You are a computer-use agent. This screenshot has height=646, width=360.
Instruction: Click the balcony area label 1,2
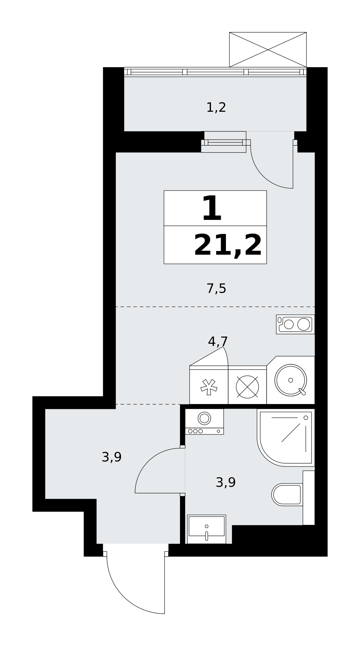point(216,108)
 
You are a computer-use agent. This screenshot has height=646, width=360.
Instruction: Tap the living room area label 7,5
point(216,288)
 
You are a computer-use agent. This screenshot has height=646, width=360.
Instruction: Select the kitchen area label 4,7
point(218,341)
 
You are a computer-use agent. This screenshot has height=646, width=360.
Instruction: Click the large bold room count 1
point(212,209)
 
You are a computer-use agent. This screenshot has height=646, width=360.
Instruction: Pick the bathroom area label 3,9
point(226,483)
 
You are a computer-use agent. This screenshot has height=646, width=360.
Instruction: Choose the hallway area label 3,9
point(111,457)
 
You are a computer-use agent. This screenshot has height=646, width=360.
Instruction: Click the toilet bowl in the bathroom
point(287,495)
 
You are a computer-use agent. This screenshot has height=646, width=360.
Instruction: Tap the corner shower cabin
point(286,437)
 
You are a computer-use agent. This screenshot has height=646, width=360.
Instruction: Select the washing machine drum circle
point(204,418)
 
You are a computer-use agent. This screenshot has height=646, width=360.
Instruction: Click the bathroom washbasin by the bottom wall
point(206,529)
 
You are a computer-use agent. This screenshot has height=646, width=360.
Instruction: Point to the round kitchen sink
point(291,380)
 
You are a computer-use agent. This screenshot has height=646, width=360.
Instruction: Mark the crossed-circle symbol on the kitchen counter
point(247,387)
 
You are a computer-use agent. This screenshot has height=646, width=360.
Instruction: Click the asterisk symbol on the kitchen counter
point(209,387)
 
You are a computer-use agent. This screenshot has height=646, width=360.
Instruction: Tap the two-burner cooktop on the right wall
point(295,324)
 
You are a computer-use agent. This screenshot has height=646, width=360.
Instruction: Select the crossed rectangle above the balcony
point(268,50)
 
